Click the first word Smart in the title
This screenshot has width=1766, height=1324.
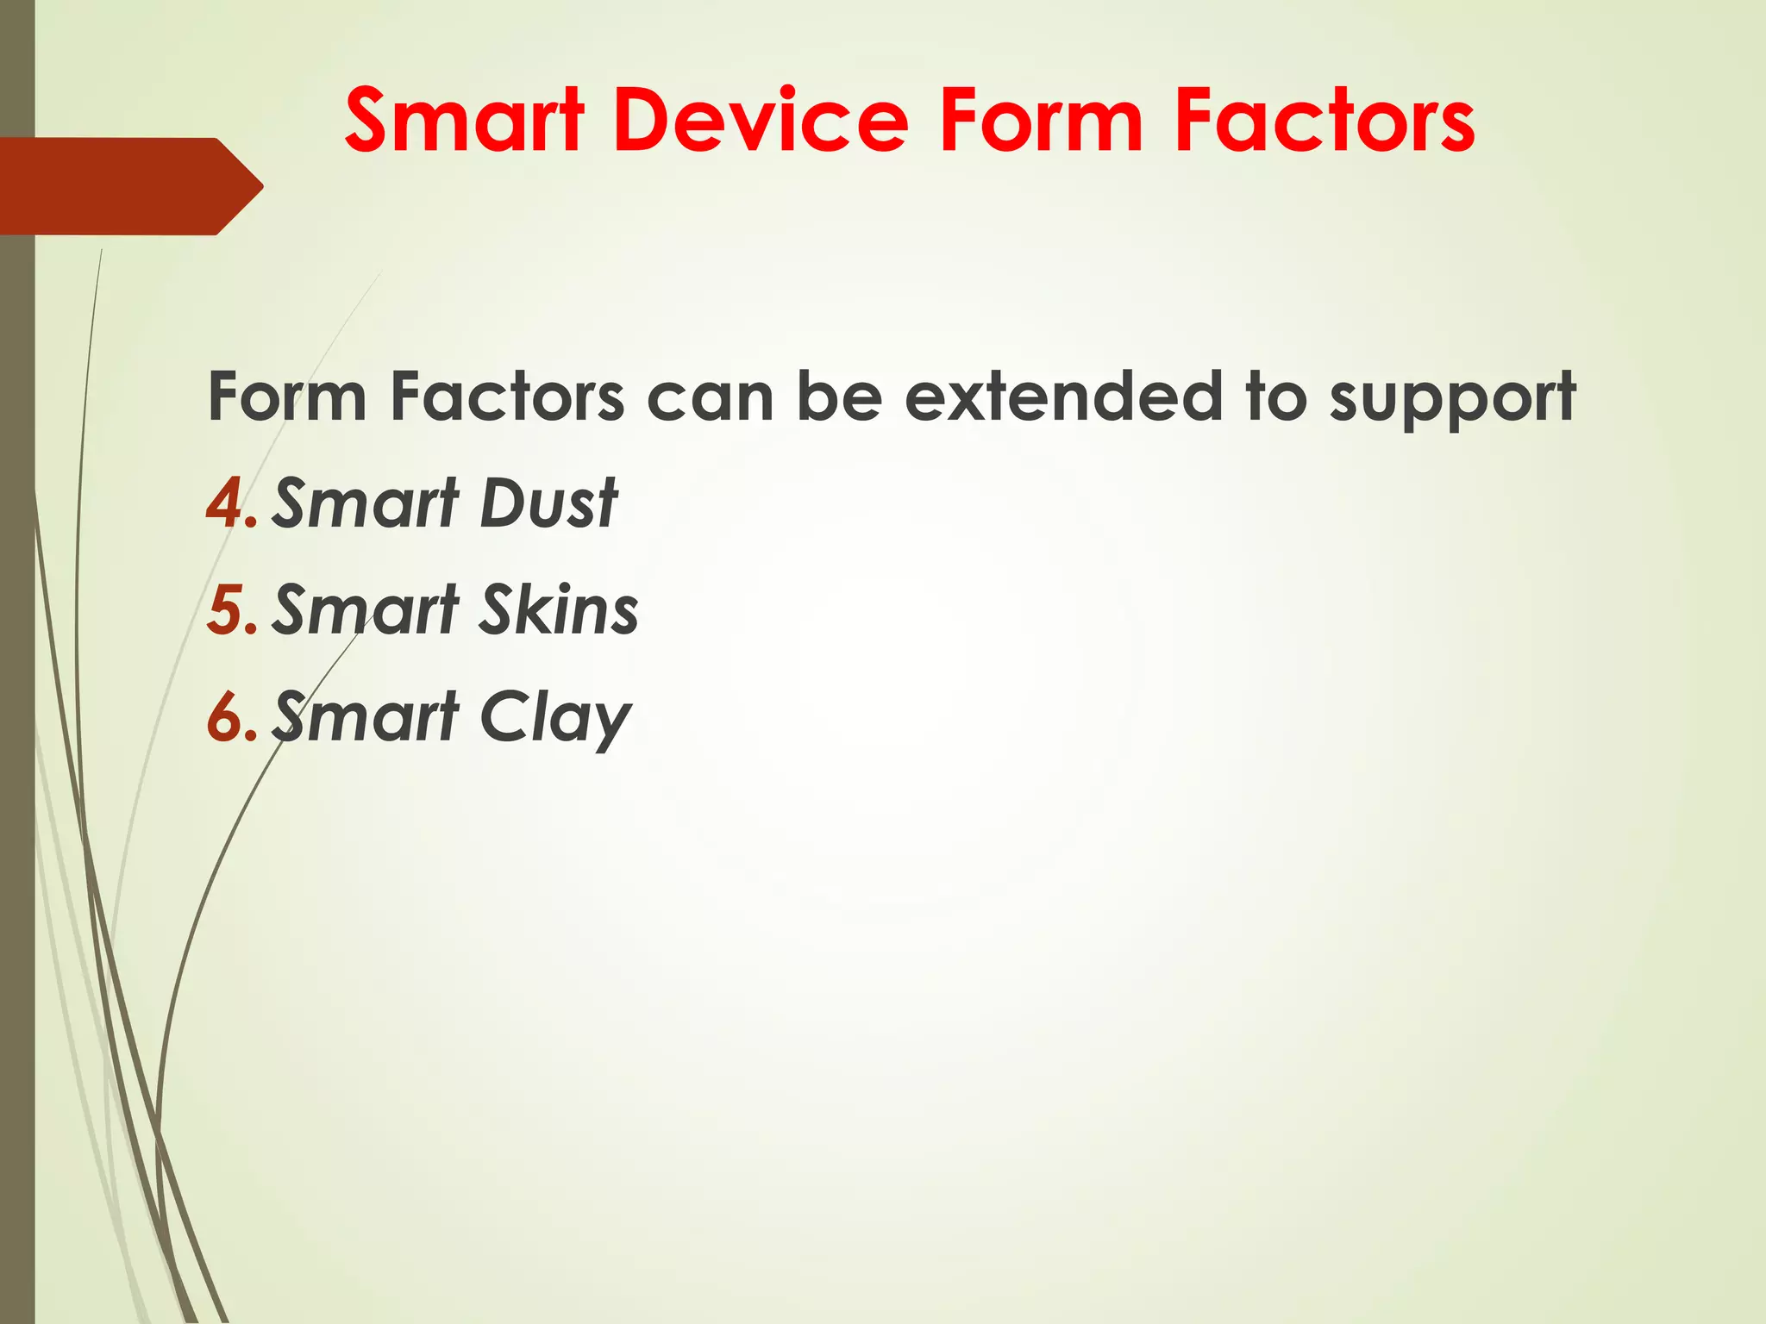(x=465, y=121)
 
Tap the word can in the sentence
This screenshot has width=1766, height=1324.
(x=711, y=398)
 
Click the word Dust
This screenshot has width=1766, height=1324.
(x=548, y=503)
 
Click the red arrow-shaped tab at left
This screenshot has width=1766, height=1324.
(x=129, y=185)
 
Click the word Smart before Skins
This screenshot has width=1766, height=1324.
(x=366, y=609)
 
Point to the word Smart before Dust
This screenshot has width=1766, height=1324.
(x=366, y=503)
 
